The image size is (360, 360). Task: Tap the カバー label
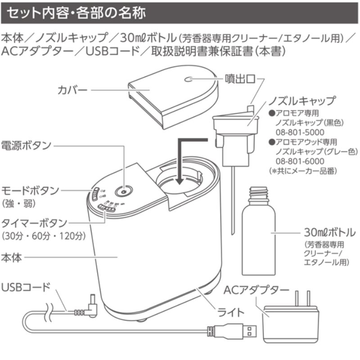72,89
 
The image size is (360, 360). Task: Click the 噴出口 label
240,79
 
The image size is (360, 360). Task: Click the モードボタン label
31,190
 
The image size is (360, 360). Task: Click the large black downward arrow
180,162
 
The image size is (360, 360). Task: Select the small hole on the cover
189,80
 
